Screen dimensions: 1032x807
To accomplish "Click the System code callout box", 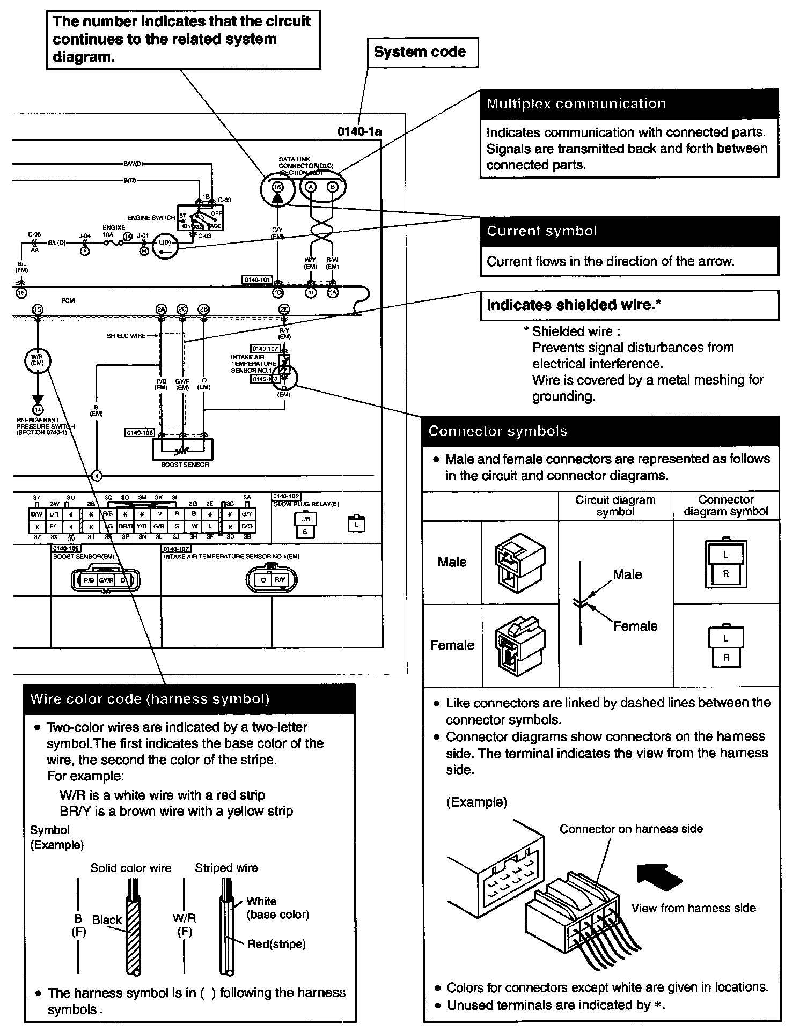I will click(422, 52).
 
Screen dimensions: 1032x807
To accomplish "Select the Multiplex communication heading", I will click(629, 104).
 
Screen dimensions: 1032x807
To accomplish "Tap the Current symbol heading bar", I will click(629, 231).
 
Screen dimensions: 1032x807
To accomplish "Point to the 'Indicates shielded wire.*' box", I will click(629, 305).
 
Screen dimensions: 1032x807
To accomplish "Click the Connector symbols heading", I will click(600, 431).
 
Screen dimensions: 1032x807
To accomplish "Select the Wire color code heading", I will click(189, 698).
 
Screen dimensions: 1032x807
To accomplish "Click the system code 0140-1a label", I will click(360, 131).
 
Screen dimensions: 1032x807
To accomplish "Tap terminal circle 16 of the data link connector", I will click(277, 187).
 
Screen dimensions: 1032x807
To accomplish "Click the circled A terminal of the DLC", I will click(311, 187).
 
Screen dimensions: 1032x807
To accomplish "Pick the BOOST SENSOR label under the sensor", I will click(185, 465).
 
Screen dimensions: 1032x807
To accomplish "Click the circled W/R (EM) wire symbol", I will click(38, 360).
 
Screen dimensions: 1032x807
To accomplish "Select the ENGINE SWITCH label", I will click(151, 218).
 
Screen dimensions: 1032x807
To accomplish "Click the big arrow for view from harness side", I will click(659, 877).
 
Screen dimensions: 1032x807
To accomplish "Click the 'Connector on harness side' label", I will click(631, 829).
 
